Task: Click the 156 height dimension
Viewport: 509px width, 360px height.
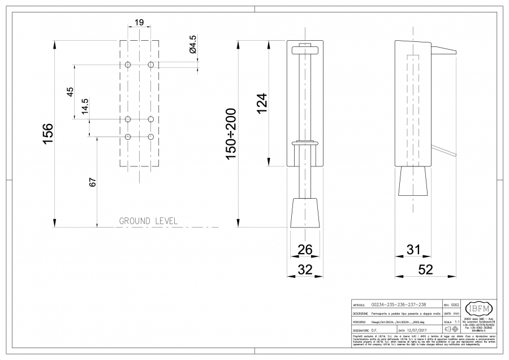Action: point(48,134)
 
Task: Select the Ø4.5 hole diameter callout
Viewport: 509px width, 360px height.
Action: point(192,45)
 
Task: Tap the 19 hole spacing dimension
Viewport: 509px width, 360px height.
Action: point(139,23)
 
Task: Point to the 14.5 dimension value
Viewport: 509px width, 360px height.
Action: point(85,106)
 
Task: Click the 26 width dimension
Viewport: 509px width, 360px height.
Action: point(305,248)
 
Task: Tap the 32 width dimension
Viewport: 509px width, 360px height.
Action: point(305,270)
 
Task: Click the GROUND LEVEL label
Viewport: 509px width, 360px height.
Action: point(148,221)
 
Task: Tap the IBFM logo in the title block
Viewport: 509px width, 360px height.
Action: point(478,308)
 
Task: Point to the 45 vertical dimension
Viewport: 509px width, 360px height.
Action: point(70,92)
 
